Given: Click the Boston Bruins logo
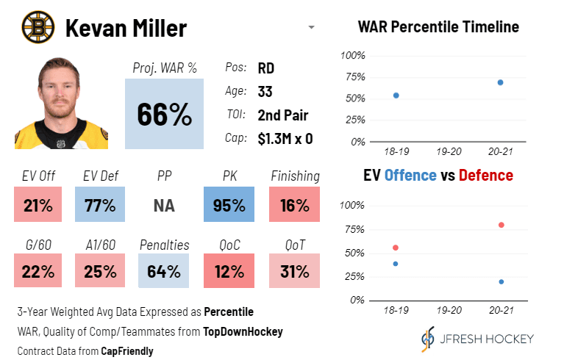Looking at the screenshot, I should click(38, 28).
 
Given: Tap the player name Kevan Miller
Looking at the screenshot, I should click(126, 29).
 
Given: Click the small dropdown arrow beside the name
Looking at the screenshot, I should click(311, 28).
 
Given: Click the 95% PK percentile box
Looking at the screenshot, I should click(229, 205).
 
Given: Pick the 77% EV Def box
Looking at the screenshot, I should click(101, 205).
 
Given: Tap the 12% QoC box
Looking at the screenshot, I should click(229, 271).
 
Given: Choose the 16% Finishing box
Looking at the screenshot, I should click(294, 205).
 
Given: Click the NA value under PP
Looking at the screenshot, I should click(164, 205).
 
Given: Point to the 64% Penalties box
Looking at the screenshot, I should click(164, 271).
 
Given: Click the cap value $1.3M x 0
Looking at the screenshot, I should click(285, 138).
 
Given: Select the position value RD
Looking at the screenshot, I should click(266, 69).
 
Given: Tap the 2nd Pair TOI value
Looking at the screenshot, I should click(282, 115).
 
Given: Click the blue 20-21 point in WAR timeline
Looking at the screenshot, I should click(500, 82).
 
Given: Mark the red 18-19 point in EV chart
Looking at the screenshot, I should click(396, 248).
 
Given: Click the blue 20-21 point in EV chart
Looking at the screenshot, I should click(501, 281).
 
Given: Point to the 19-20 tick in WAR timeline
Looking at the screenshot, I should click(448, 151).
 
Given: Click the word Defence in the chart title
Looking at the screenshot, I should click(486, 176).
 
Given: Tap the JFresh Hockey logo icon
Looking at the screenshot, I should click(427, 339).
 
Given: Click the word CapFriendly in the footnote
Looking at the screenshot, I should click(129, 350).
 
